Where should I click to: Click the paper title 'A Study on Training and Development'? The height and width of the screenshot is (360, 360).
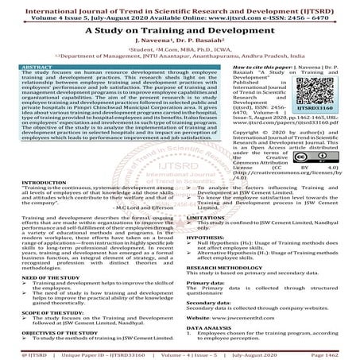pos(180,27)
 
